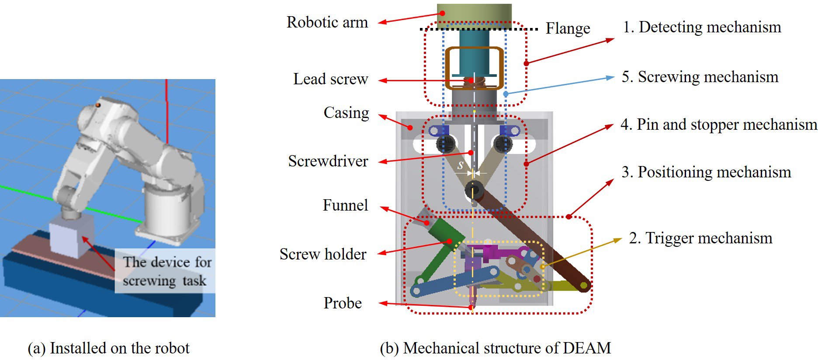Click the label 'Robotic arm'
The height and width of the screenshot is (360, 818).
point(327,22)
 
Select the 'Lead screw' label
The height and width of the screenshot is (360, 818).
point(330,79)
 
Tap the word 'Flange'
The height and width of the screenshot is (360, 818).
point(568,28)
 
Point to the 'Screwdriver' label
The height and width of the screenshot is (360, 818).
point(328,161)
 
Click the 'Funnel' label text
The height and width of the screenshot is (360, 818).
point(345,205)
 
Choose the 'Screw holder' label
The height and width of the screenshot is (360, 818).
point(322,254)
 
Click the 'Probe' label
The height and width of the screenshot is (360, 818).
point(342,303)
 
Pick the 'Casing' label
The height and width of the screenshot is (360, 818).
point(346,113)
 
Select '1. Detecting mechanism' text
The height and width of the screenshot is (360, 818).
point(702,27)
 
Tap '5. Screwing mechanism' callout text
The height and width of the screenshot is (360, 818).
point(700,77)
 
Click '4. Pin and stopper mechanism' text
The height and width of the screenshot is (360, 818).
point(718,125)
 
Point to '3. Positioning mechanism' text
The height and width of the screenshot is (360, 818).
point(706,172)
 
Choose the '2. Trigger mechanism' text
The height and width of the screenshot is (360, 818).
point(700,238)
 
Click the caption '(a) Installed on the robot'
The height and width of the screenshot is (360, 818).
point(108,348)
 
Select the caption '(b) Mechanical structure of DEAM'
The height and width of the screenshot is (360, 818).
point(495,348)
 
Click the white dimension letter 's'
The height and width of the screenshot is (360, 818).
point(460,166)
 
